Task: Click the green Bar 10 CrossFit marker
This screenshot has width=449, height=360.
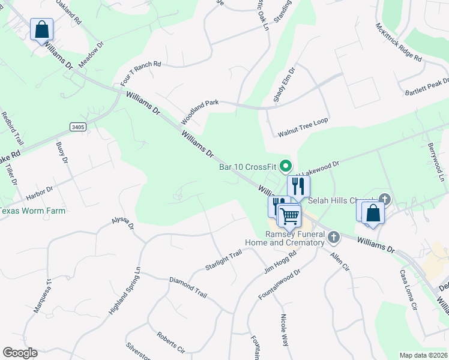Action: (286, 165)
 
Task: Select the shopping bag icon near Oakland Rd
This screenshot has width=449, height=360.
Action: (41, 29)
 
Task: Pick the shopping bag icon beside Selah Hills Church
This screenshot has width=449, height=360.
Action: (373, 212)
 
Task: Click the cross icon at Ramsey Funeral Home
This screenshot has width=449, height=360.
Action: (334, 238)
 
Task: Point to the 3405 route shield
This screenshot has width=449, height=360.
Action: (77, 127)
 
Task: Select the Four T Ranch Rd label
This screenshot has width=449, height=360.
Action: (141, 73)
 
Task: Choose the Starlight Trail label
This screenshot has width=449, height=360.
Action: (223, 261)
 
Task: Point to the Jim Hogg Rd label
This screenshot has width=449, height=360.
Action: (281, 263)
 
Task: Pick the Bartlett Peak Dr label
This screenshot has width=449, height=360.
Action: (427, 88)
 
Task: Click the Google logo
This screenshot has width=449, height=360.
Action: (20, 353)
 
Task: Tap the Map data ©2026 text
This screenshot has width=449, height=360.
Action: (424, 355)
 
